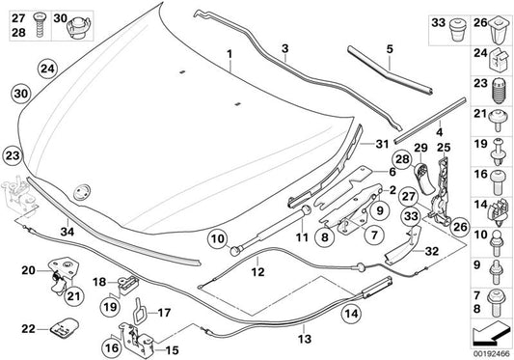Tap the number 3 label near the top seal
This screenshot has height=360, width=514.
tap(285, 47)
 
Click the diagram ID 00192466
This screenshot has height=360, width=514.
tap(491, 353)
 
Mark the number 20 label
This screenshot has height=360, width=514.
tap(28, 271)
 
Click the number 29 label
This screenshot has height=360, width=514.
tap(419, 147)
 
